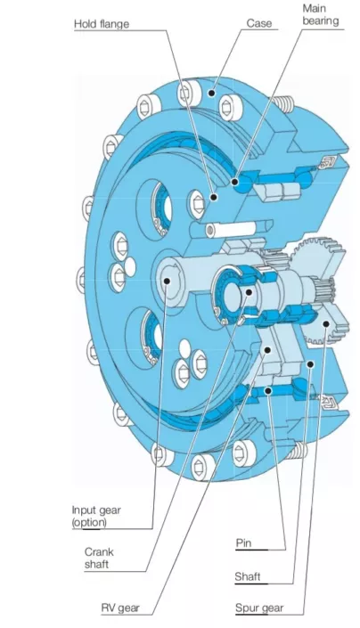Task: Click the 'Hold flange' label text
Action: click(x=102, y=24)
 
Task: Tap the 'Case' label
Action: click(x=259, y=23)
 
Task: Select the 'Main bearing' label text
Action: click(x=321, y=14)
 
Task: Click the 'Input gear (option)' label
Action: click(x=96, y=516)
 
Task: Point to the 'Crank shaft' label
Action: click(x=99, y=558)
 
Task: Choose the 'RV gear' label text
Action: click(x=120, y=608)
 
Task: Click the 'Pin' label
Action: click(x=243, y=543)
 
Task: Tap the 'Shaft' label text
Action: click(x=248, y=576)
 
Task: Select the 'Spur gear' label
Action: click(x=259, y=608)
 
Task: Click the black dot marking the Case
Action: click(x=212, y=94)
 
